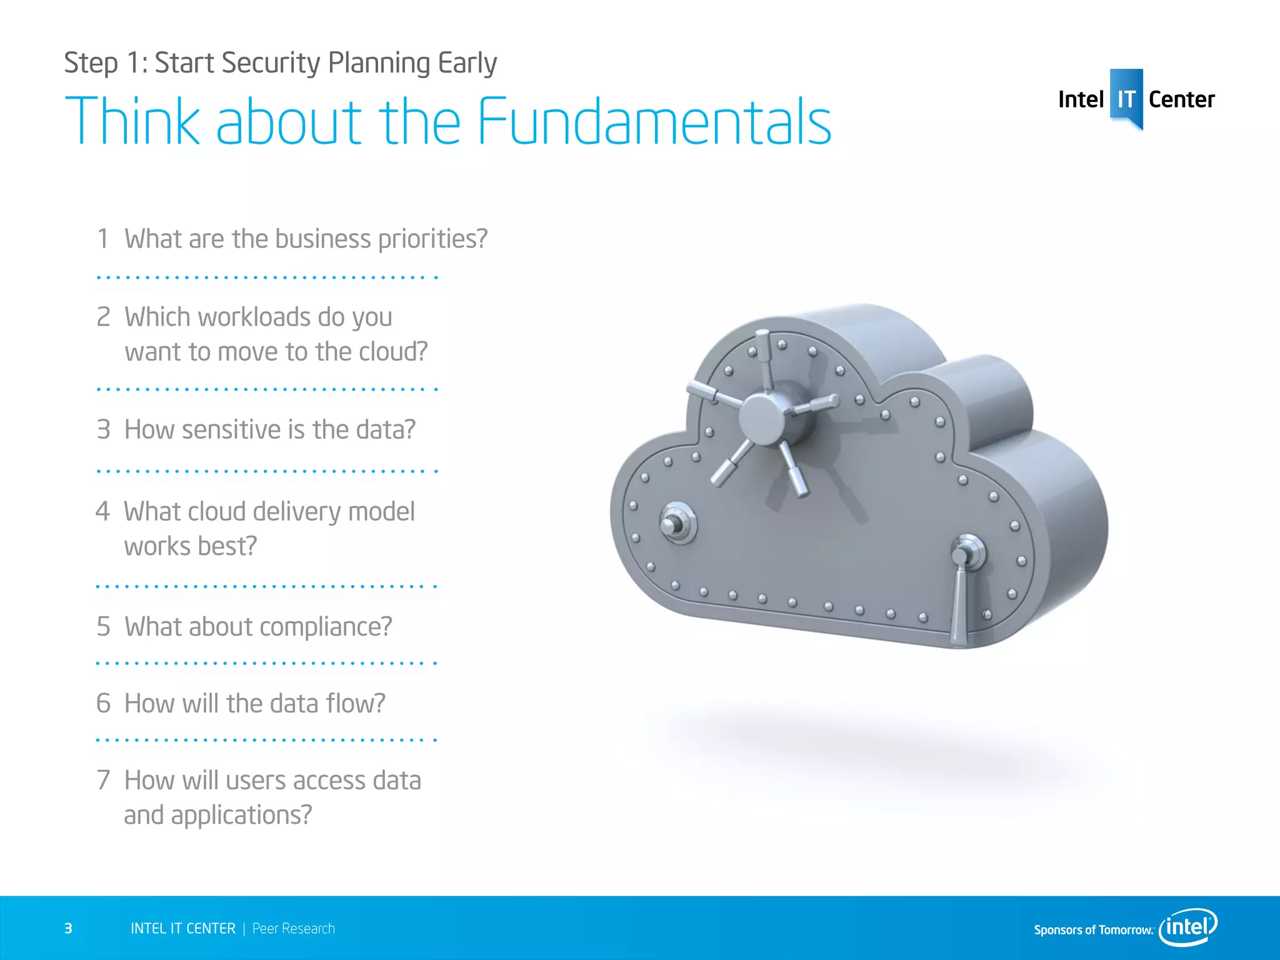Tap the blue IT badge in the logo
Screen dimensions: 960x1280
click(1126, 99)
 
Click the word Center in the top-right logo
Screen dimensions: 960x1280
click(1181, 99)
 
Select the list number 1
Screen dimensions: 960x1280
click(103, 239)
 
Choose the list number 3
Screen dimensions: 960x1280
click(103, 429)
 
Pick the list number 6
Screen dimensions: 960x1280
click(103, 703)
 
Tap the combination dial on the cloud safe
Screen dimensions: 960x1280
click(676, 524)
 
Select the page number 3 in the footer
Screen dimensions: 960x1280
click(68, 929)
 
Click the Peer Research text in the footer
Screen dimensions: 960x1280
click(293, 929)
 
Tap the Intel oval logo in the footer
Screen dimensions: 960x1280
click(1187, 927)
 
